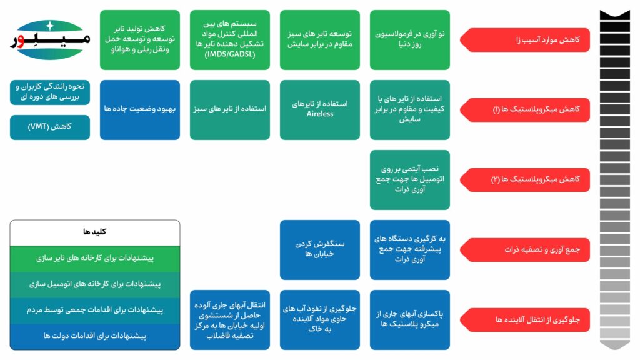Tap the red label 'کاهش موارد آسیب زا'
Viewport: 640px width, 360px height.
[x=525, y=40]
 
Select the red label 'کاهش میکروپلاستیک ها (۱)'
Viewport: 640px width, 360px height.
[x=525, y=109]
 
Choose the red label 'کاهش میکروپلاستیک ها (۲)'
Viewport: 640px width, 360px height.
[x=525, y=179]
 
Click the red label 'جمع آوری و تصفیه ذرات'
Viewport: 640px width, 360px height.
[x=525, y=249]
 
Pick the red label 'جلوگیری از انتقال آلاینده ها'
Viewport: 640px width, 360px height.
[x=525, y=319]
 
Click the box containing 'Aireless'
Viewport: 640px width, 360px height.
[x=320, y=109]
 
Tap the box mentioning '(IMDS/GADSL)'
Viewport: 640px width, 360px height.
[x=230, y=39]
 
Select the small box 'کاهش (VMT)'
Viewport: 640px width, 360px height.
[x=50, y=127]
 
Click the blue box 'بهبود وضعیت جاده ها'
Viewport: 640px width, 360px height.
[x=140, y=109]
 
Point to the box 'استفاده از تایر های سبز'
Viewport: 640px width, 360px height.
[x=230, y=109]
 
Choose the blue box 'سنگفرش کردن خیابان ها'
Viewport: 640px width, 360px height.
[x=320, y=249]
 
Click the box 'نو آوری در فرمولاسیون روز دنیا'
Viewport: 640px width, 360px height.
[x=410, y=39]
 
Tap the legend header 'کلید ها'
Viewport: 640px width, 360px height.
[x=95, y=232]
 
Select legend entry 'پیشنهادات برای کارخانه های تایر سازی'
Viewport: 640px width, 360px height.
[x=95, y=258]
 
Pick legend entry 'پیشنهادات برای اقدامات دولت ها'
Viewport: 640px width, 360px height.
[x=95, y=336]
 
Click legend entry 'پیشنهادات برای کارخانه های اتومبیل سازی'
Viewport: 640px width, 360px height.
[x=95, y=284]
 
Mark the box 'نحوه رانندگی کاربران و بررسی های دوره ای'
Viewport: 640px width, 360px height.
[x=50, y=92]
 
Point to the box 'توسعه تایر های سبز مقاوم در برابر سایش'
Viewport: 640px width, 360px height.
[x=320, y=39]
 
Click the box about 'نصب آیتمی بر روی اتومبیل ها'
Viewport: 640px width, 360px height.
[x=410, y=179]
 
